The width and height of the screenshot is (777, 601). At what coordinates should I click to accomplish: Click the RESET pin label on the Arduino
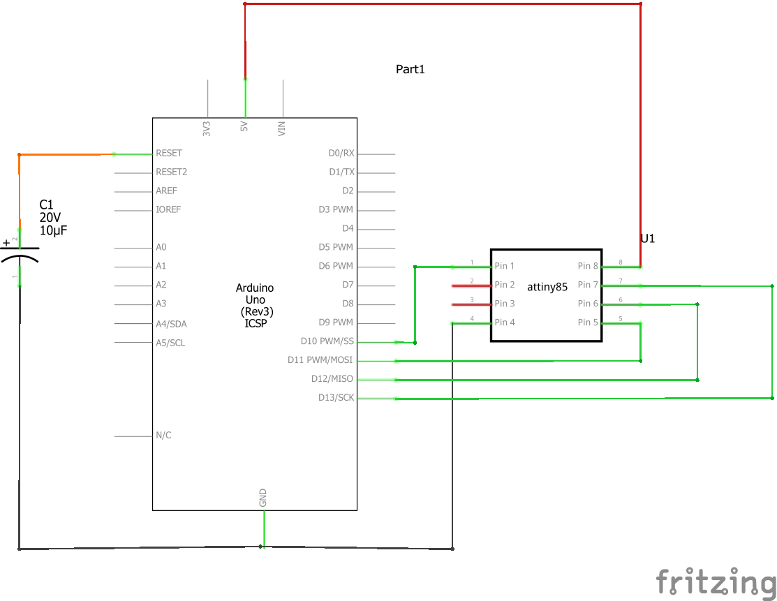[169, 153]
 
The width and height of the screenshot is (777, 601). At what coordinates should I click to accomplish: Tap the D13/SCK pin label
[336, 398]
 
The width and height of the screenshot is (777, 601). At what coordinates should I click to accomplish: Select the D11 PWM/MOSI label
[320, 360]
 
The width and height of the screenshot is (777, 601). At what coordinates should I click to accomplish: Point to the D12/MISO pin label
[332, 379]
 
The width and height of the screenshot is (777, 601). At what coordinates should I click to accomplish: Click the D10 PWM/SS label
[327, 341]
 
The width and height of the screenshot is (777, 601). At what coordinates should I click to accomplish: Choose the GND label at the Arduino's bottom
[263, 498]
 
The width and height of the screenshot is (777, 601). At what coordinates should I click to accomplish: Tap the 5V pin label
[244, 128]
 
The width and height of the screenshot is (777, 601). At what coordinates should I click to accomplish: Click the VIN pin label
[282, 128]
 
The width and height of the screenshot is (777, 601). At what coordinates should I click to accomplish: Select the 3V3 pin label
[207, 128]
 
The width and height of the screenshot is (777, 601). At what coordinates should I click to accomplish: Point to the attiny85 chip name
[547, 287]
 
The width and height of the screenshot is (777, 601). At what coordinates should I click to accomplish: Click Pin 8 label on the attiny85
[588, 266]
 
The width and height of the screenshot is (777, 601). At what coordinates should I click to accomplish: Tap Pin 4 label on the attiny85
[505, 322]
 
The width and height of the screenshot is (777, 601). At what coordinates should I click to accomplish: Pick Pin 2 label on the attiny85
[505, 285]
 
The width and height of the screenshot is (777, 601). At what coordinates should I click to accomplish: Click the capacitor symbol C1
[20, 253]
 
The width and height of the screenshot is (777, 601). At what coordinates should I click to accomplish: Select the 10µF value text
[54, 230]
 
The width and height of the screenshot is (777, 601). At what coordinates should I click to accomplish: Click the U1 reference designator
[648, 239]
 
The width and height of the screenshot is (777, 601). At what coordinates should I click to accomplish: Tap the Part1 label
[410, 69]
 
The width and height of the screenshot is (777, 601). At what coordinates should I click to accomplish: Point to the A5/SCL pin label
[170, 343]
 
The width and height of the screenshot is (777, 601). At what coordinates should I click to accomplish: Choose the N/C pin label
[163, 436]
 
